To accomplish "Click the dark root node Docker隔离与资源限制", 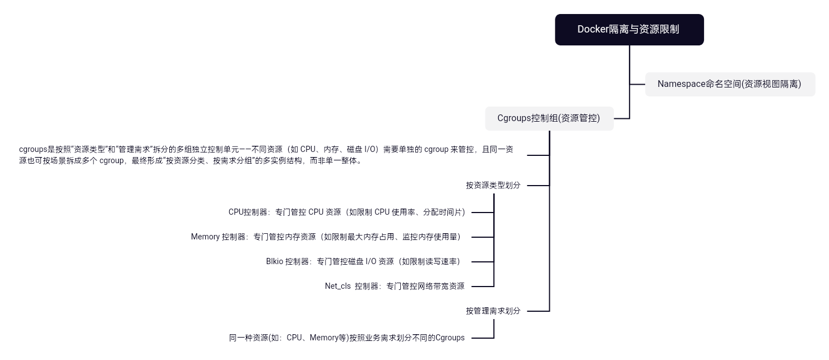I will point(629,30).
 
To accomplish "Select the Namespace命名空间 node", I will point(729,84).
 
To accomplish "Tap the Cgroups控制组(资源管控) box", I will point(549,118).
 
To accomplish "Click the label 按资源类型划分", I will point(493,185).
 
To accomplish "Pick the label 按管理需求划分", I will point(493,311).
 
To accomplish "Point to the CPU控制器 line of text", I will point(347,212).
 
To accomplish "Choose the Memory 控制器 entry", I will point(326,237).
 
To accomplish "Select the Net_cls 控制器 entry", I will point(395,286).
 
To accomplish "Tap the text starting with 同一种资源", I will point(347,338).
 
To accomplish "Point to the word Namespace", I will point(681,84).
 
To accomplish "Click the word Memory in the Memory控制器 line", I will point(205,237).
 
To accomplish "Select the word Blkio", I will point(275,261).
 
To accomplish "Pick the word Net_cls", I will point(337,286).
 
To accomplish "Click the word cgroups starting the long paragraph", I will point(33,149).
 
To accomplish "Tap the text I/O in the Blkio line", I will point(370,261).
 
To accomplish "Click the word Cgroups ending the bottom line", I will point(450,338).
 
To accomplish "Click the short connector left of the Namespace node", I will point(637,84).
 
